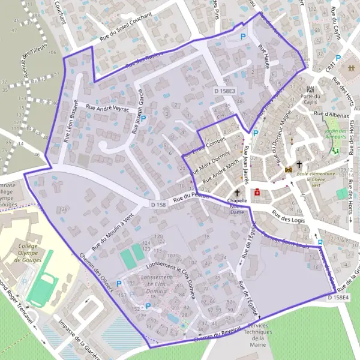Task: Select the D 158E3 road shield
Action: (x=225, y=91)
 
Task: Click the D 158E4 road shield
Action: (x=338, y=298)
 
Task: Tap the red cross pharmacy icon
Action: (x=257, y=193)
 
